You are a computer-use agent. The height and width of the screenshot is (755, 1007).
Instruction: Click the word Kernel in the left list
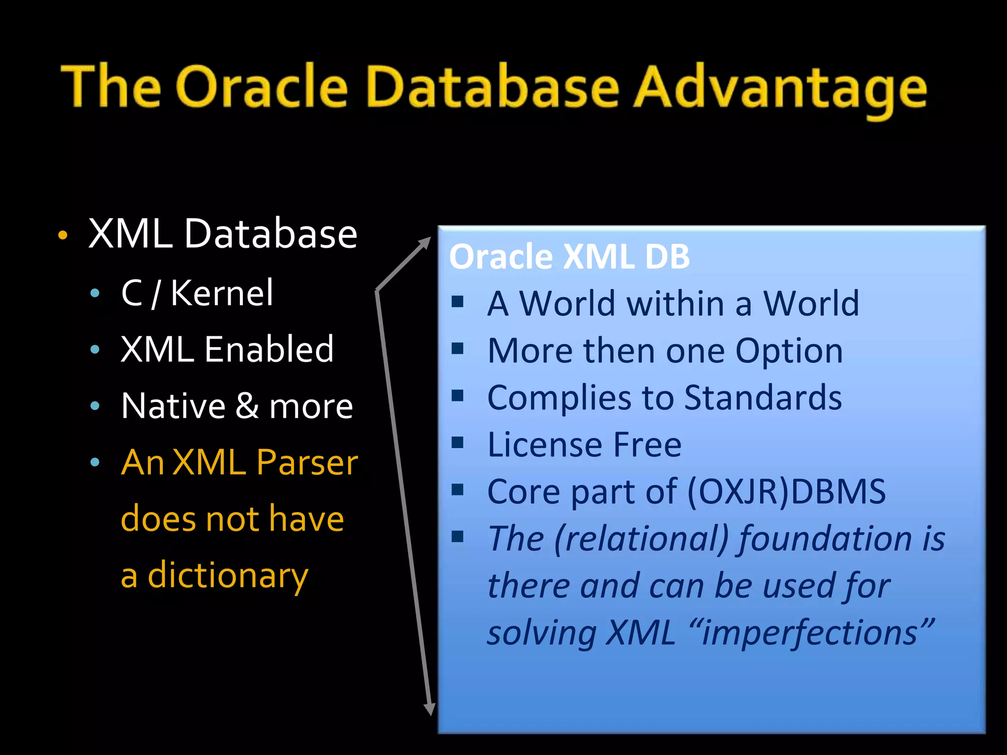(221, 293)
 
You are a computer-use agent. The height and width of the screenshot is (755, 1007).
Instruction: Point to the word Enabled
(269, 349)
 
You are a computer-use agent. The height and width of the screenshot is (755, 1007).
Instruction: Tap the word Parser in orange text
(307, 463)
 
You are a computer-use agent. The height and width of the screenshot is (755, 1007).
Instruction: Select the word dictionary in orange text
(228, 576)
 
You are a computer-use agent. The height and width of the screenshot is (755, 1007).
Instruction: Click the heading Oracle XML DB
(569, 257)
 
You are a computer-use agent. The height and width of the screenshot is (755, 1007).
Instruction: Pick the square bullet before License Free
(458, 443)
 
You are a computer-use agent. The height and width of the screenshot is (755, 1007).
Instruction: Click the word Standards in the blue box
(763, 398)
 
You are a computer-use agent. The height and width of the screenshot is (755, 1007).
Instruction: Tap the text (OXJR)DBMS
(786, 492)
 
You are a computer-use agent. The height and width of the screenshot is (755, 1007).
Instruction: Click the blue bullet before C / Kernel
(95, 294)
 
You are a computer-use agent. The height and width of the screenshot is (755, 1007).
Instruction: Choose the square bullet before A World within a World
(458, 302)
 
